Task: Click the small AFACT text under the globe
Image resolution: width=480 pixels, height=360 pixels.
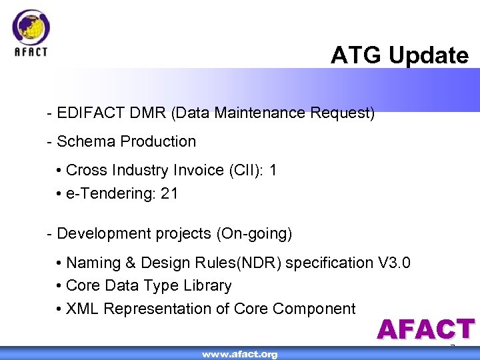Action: tap(31, 52)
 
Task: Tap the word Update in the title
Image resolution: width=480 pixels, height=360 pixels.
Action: tap(429, 55)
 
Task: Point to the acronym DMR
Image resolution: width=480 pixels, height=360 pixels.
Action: tap(147, 113)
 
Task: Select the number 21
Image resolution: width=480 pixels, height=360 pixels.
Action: tap(169, 194)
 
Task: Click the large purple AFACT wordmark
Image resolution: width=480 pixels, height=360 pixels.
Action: tap(425, 330)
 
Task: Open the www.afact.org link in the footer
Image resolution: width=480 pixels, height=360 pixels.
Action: tap(240, 354)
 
